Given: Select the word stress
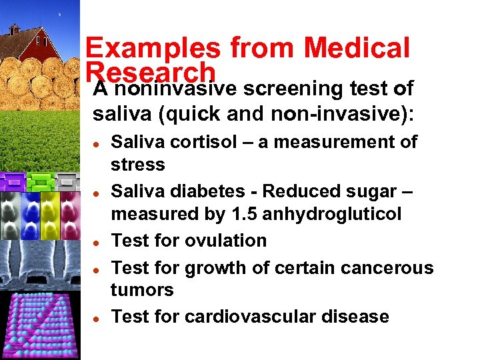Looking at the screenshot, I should tap(138, 165).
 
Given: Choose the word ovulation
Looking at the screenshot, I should tap(229, 241).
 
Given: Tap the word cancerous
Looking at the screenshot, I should tap(387, 267).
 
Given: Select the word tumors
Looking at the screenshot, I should tap(142, 290).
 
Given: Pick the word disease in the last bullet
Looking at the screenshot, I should tap(357, 316).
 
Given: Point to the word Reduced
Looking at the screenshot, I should tap(299, 191).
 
